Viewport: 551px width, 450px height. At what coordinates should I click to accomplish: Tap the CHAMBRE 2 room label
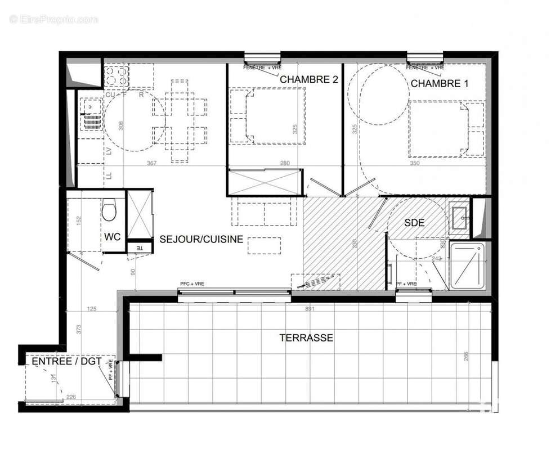click(x=308, y=80)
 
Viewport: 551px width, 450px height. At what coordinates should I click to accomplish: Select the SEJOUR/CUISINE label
click(x=201, y=239)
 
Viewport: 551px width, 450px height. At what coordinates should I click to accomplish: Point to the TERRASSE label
click(x=306, y=338)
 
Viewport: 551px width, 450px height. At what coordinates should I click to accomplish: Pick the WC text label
click(x=113, y=237)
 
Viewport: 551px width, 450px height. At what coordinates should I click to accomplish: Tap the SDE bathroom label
click(x=415, y=223)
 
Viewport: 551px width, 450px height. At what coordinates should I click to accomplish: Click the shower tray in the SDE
click(x=468, y=266)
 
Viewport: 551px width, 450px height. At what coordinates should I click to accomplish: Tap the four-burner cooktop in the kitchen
click(x=116, y=76)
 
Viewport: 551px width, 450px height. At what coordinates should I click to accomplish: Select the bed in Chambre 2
click(x=268, y=115)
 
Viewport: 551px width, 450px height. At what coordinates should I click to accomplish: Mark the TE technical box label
click(x=134, y=247)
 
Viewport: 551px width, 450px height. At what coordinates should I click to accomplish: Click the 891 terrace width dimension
click(x=309, y=308)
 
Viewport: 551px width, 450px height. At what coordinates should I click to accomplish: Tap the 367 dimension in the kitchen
click(x=151, y=163)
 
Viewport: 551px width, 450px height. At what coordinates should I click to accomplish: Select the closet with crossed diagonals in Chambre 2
click(x=265, y=183)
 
